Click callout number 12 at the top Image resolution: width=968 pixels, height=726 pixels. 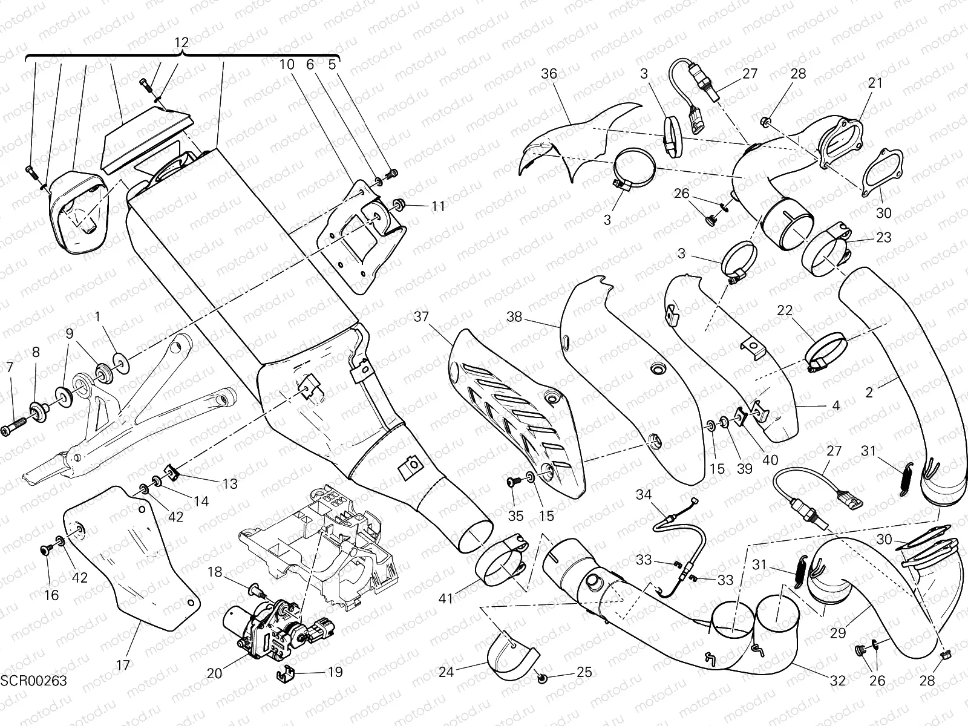pos(181,42)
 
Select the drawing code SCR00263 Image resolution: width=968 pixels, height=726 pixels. pos(34,681)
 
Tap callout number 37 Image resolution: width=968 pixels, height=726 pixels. pos(421,316)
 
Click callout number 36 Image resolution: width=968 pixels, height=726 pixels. pos(549,74)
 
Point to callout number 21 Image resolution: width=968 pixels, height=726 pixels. pos(875,83)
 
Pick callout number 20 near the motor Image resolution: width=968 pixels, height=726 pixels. pos(215,673)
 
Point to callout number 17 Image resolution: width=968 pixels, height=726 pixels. pos(123,665)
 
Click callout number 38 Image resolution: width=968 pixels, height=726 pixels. pos(514,317)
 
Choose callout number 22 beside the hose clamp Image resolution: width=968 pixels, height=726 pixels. pos(785,311)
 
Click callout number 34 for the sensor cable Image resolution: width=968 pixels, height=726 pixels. pos(643,495)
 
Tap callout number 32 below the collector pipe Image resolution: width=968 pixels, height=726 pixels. pos(837,681)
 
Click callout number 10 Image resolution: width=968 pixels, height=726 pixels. pos(287,64)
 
